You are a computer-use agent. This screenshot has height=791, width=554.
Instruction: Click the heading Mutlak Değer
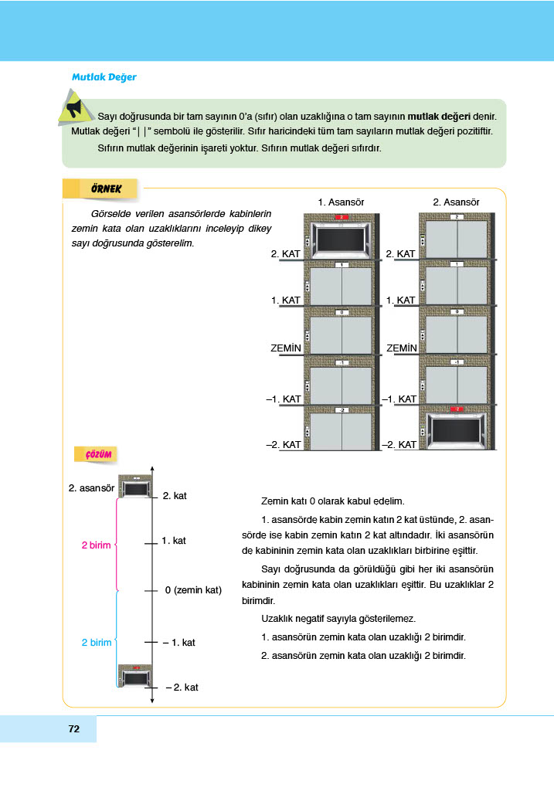(x=104, y=77)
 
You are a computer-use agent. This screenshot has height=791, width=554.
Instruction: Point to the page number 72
(x=74, y=728)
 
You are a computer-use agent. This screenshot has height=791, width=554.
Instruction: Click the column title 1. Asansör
(x=341, y=202)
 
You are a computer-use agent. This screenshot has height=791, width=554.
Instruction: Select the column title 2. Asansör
(x=457, y=202)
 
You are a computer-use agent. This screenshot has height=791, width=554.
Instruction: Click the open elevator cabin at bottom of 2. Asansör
(x=457, y=430)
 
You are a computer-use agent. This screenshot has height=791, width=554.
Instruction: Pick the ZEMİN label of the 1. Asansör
(x=286, y=348)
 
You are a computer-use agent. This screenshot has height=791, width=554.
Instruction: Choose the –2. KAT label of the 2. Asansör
(x=399, y=445)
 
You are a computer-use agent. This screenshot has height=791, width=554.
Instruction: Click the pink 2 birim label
(x=97, y=545)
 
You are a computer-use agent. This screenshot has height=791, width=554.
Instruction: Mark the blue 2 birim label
(x=97, y=643)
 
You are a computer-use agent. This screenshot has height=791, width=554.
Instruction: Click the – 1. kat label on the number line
(x=178, y=642)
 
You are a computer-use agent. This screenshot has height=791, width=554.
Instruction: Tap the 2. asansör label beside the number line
(x=91, y=487)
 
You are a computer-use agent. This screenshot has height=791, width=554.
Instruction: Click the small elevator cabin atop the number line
(x=135, y=488)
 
